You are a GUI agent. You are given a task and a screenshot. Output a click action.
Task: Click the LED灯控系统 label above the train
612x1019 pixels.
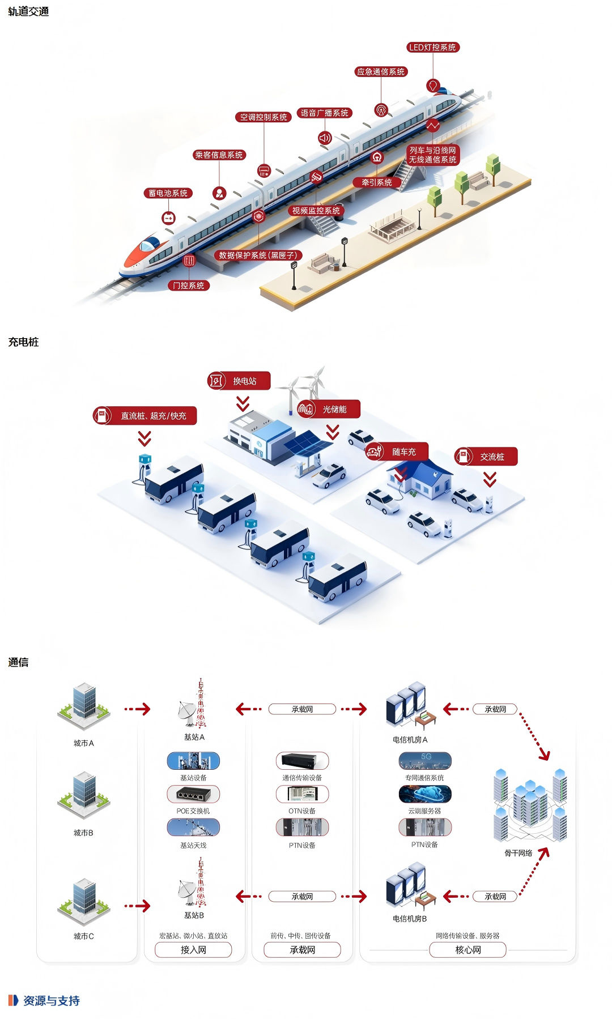(433, 48)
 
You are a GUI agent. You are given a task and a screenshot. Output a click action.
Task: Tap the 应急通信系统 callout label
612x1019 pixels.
(381, 72)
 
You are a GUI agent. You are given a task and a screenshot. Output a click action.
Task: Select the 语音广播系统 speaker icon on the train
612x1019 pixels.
(324, 138)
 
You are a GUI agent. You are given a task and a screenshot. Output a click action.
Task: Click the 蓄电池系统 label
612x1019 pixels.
(168, 193)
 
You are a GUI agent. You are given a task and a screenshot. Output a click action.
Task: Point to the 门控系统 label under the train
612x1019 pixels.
(189, 285)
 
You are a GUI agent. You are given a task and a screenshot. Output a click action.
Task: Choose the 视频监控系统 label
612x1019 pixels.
(316, 211)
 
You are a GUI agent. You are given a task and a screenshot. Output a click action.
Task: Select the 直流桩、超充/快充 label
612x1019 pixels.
(145, 416)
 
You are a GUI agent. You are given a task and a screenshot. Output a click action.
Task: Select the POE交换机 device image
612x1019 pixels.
(193, 794)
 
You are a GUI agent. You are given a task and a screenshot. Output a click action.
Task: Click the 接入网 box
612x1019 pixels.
(193, 950)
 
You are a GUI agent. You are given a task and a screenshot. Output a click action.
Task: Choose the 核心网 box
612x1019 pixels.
(467, 950)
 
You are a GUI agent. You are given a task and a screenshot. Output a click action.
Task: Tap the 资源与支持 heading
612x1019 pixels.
(51, 1001)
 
